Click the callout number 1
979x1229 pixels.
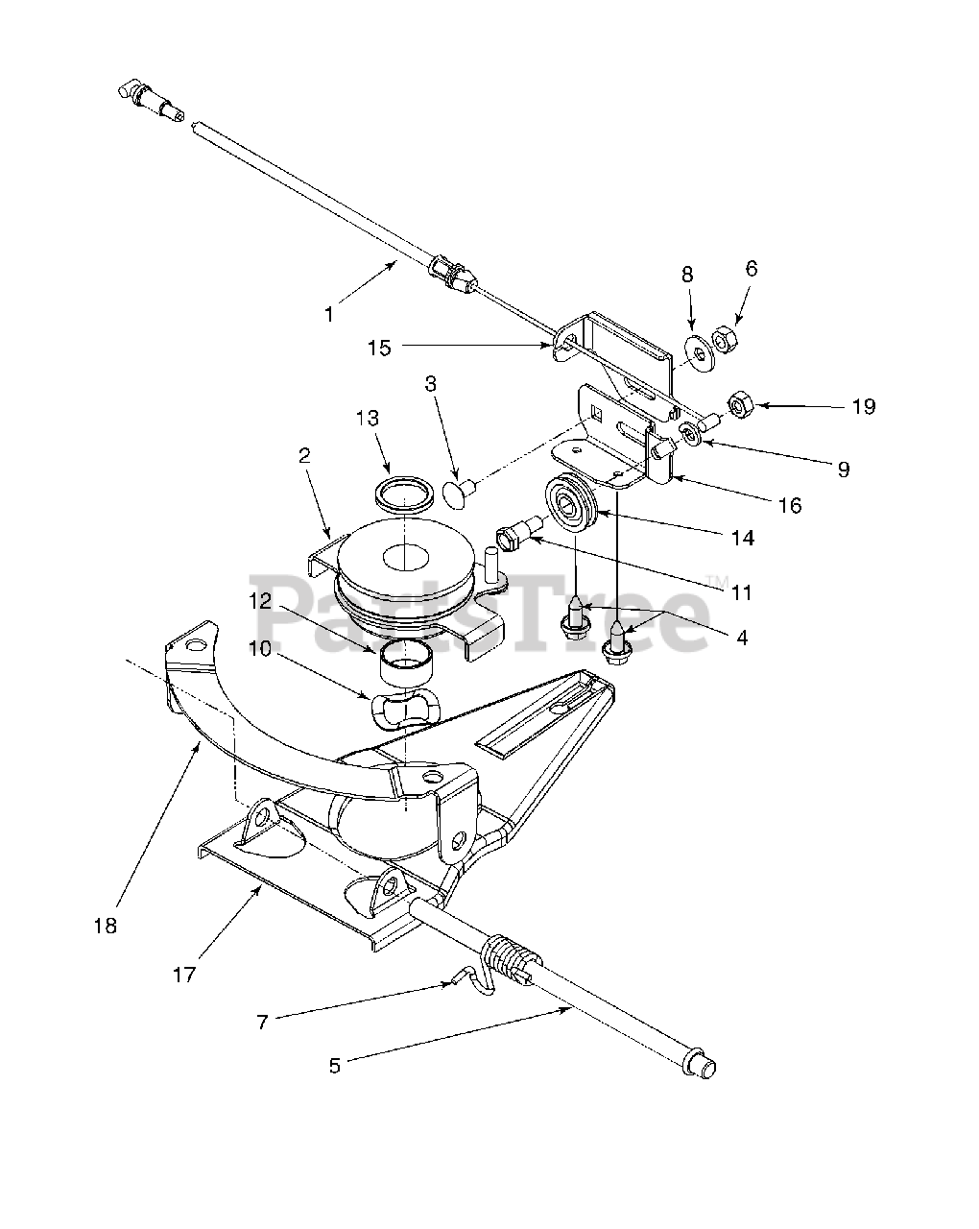(329, 314)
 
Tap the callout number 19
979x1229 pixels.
(864, 406)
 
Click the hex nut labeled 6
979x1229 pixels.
(726, 339)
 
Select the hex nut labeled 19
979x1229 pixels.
(742, 406)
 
